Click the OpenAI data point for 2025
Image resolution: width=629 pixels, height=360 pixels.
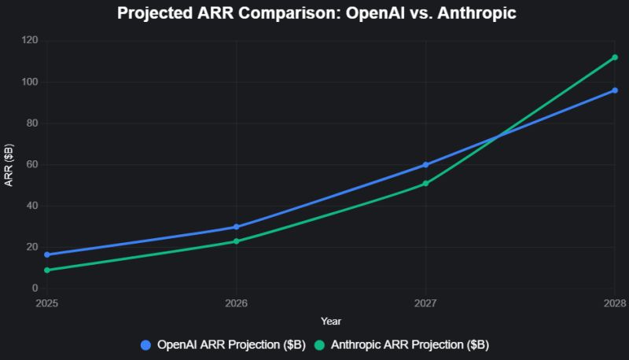47,255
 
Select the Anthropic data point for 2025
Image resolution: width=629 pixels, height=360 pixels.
47,270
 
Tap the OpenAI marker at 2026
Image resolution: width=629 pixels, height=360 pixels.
237,227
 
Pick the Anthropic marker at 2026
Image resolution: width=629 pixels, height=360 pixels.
237,241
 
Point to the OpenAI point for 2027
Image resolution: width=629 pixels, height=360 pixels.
425,165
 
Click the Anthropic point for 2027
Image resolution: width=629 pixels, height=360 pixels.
425,184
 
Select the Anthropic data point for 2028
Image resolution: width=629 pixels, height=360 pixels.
615,57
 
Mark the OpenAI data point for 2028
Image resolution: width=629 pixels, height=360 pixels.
615,90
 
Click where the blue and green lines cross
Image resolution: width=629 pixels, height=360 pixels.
498,137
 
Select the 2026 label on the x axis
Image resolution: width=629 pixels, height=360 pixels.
237,303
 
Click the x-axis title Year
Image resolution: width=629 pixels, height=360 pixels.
331,321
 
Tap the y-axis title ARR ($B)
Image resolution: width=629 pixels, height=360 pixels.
9,165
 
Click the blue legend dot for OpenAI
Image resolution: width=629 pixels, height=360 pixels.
145,345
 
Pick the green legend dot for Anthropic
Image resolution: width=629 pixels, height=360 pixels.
319,345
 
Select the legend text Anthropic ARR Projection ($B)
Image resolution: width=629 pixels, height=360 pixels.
410,345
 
